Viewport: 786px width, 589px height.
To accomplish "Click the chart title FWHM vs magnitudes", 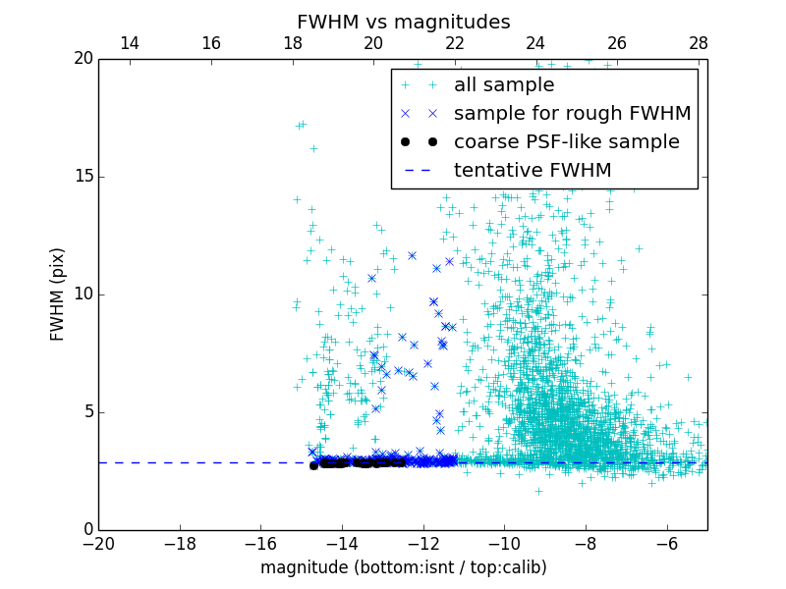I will point(403,22).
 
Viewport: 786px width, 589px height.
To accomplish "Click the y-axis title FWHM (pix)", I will point(58,294).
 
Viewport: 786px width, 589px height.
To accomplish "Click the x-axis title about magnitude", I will point(403,567).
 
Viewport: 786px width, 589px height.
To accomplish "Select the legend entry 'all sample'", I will point(504,85).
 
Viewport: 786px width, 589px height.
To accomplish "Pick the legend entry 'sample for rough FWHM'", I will point(572,114).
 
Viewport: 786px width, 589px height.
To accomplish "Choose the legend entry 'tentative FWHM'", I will point(533,170).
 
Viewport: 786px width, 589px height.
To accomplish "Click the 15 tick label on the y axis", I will point(82,177).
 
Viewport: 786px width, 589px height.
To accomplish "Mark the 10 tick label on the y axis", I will point(82,294).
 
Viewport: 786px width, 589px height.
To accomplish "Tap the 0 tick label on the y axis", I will point(86,530).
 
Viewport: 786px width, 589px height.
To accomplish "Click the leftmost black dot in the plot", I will point(313,465).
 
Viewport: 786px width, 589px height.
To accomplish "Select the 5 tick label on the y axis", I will point(86,412).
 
